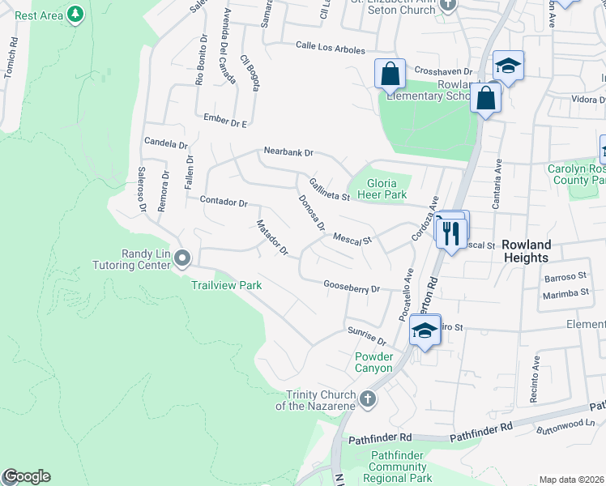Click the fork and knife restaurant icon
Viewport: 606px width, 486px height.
tap(450, 233)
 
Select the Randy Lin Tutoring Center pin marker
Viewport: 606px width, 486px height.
tap(182, 259)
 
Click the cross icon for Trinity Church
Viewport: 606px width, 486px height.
tap(368, 399)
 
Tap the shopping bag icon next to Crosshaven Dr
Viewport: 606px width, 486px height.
tap(390, 74)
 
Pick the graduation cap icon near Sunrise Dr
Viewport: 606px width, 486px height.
tap(425, 330)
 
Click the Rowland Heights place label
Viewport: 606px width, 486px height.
tap(526, 251)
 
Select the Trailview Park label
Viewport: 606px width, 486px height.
tap(226, 285)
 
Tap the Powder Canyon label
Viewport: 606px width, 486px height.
tap(373, 362)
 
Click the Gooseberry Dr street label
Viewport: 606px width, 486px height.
tap(352, 288)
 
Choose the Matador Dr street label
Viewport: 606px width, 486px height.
tap(272, 237)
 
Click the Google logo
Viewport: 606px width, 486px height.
tap(26, 476)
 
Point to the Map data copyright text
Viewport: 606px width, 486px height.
tap(571, 480)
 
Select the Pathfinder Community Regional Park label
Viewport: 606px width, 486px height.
tap(398, 467)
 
